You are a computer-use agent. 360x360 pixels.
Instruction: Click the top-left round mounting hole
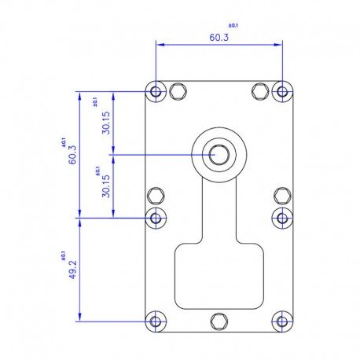[156, 92]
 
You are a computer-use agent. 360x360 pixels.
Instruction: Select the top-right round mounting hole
[282, 92]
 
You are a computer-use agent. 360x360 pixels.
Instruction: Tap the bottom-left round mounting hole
[156, 321]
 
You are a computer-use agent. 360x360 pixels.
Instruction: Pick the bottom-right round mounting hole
[282, 321]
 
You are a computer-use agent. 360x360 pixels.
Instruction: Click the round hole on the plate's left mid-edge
[156, 217]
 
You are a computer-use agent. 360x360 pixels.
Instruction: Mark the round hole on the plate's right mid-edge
[282, 217]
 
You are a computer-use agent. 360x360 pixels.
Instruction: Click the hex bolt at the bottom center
[219, 321]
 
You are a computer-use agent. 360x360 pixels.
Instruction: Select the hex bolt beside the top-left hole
[179, 92]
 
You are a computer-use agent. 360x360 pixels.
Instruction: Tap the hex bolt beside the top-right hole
[260, 92]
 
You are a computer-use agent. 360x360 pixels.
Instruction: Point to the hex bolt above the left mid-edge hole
[156, 195]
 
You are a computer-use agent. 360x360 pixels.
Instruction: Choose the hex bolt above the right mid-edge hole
[282, 195]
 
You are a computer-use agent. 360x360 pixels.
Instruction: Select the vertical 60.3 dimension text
[72, 155]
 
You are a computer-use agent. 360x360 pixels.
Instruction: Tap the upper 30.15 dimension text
[106, 123]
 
